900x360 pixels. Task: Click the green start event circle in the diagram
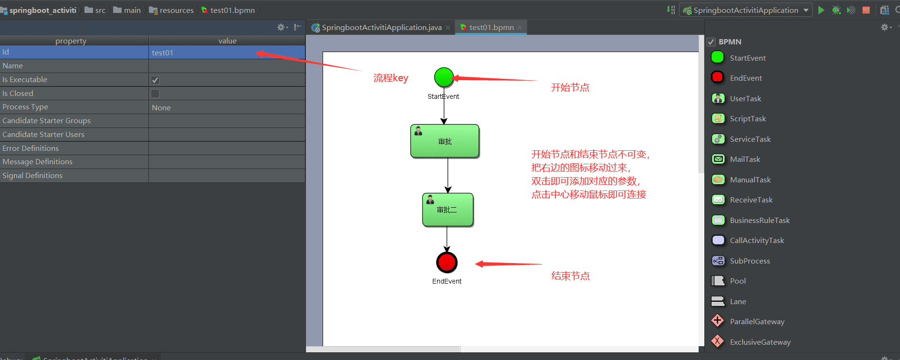444,77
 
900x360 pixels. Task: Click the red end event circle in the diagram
447,262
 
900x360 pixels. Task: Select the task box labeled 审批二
448,210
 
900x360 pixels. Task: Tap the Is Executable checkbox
155,80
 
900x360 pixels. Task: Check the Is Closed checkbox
155,94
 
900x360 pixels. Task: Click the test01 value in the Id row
163,53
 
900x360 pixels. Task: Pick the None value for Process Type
161,107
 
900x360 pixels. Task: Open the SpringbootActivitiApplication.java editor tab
381,28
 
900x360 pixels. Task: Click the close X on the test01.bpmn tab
520,28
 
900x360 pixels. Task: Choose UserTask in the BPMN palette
745,98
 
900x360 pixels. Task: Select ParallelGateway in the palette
757,322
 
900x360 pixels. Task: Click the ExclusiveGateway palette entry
760,342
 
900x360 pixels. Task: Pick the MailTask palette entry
745,159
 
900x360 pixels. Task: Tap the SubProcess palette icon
718,261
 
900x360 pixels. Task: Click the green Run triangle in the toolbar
821,10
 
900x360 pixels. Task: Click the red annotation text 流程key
391,78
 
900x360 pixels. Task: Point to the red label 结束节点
570,276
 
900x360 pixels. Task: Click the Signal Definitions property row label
32,176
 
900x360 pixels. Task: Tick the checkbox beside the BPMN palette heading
711,42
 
